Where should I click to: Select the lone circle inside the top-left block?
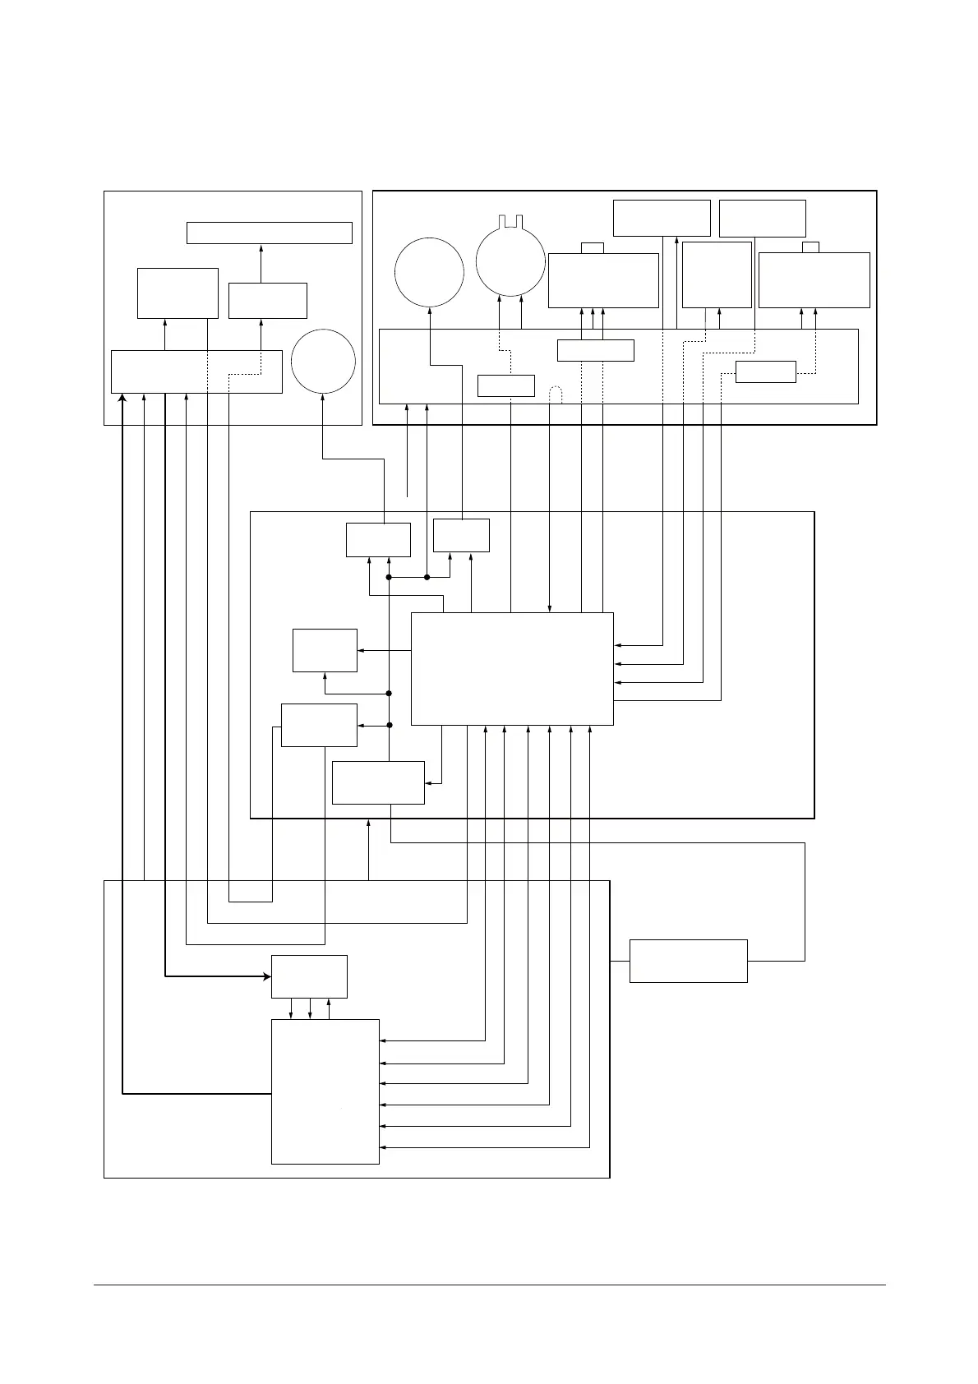pyautogui.click(x=323, y=362)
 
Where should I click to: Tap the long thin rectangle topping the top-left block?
pyautogui.click(x=270, y=233)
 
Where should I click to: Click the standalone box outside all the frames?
pyautogui.click(x=688, y=961)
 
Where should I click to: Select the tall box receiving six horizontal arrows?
pyautogui.click(x=325, y=1091)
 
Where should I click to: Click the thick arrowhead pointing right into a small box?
pyautogui.click(x=266, y=976)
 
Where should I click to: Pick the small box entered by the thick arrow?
pyautogui.click(x=309, y=976)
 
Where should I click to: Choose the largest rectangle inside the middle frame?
pyautogui.click(x=511, y=669)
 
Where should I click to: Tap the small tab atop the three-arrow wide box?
pyautogui.click(x=592, y=247)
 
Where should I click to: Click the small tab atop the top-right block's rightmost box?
pyautogui.click(x=811, y=247)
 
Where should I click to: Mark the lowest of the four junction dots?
pyautogui.click(x=390, y=725)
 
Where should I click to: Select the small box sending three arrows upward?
pyautogui.click(x=595, y=350)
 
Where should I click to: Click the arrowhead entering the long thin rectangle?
pyautogui.click(x=261, y=247)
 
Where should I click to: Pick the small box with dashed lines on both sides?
pyautogui.click(x=765, y=371)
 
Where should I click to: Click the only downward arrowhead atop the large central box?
pyautogui.click(x=549, y=608)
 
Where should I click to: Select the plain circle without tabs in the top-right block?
pyautogui.click(x=429, y=272)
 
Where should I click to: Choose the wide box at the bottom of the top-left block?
pyautogui.click(x=196, y=371)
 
